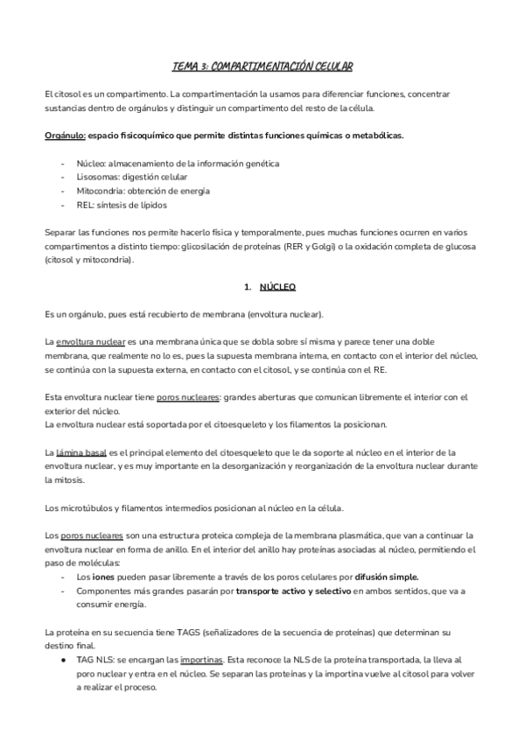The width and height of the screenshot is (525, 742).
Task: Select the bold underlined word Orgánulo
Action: pyautogui.click(x=65, y=136)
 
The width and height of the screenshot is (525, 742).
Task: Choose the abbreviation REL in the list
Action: pyautogui.click(x=85, y=205)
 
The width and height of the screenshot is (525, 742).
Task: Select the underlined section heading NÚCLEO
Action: pyautogui.click(x=278, y=286)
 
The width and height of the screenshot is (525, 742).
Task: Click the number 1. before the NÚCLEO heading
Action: pyautogui.click(x=248, y=286)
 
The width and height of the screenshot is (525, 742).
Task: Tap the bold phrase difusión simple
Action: pyautogui.click(x=381, y=577)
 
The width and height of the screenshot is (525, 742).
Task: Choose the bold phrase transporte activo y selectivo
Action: pyautogui.click(x=292, y=591)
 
